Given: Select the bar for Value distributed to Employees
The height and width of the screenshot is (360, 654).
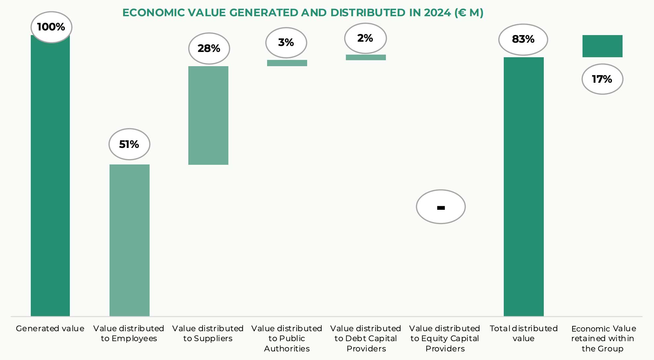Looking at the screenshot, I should coord(129,240).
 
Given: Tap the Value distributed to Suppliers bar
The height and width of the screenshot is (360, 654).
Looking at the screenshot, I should coord(208,115).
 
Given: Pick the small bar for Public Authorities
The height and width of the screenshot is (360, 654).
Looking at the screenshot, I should coord(287,63).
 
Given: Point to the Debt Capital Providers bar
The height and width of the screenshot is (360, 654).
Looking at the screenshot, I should coord(366,57).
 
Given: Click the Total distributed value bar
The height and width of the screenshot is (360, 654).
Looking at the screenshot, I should coord(524,186).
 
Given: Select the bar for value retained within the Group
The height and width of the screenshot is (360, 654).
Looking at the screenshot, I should coord(602,46).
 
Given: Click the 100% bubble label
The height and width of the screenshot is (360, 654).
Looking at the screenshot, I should coord(51,27).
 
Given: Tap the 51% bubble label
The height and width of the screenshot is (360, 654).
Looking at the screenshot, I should coord(129,144).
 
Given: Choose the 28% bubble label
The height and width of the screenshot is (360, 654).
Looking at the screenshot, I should coord(209,48).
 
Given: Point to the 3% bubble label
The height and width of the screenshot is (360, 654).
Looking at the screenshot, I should coord(286,43).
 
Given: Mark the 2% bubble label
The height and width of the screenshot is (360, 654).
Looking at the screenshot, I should coord(365,38).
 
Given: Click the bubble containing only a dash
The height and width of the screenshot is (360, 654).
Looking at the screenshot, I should coord(441,207).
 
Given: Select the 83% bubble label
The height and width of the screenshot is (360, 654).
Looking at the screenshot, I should coord(523,39).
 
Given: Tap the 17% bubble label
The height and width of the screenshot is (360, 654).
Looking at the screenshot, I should coord(602,79).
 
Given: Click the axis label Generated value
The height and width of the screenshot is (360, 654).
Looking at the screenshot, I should coord(50,329).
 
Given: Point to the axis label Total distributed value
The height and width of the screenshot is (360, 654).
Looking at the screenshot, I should coord(524,333).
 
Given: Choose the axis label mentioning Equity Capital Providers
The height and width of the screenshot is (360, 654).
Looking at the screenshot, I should coord(445,338).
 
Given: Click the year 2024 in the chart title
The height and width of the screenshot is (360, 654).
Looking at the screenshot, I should coord(437,13).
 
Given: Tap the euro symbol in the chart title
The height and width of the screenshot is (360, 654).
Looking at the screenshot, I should coord(462,13).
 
